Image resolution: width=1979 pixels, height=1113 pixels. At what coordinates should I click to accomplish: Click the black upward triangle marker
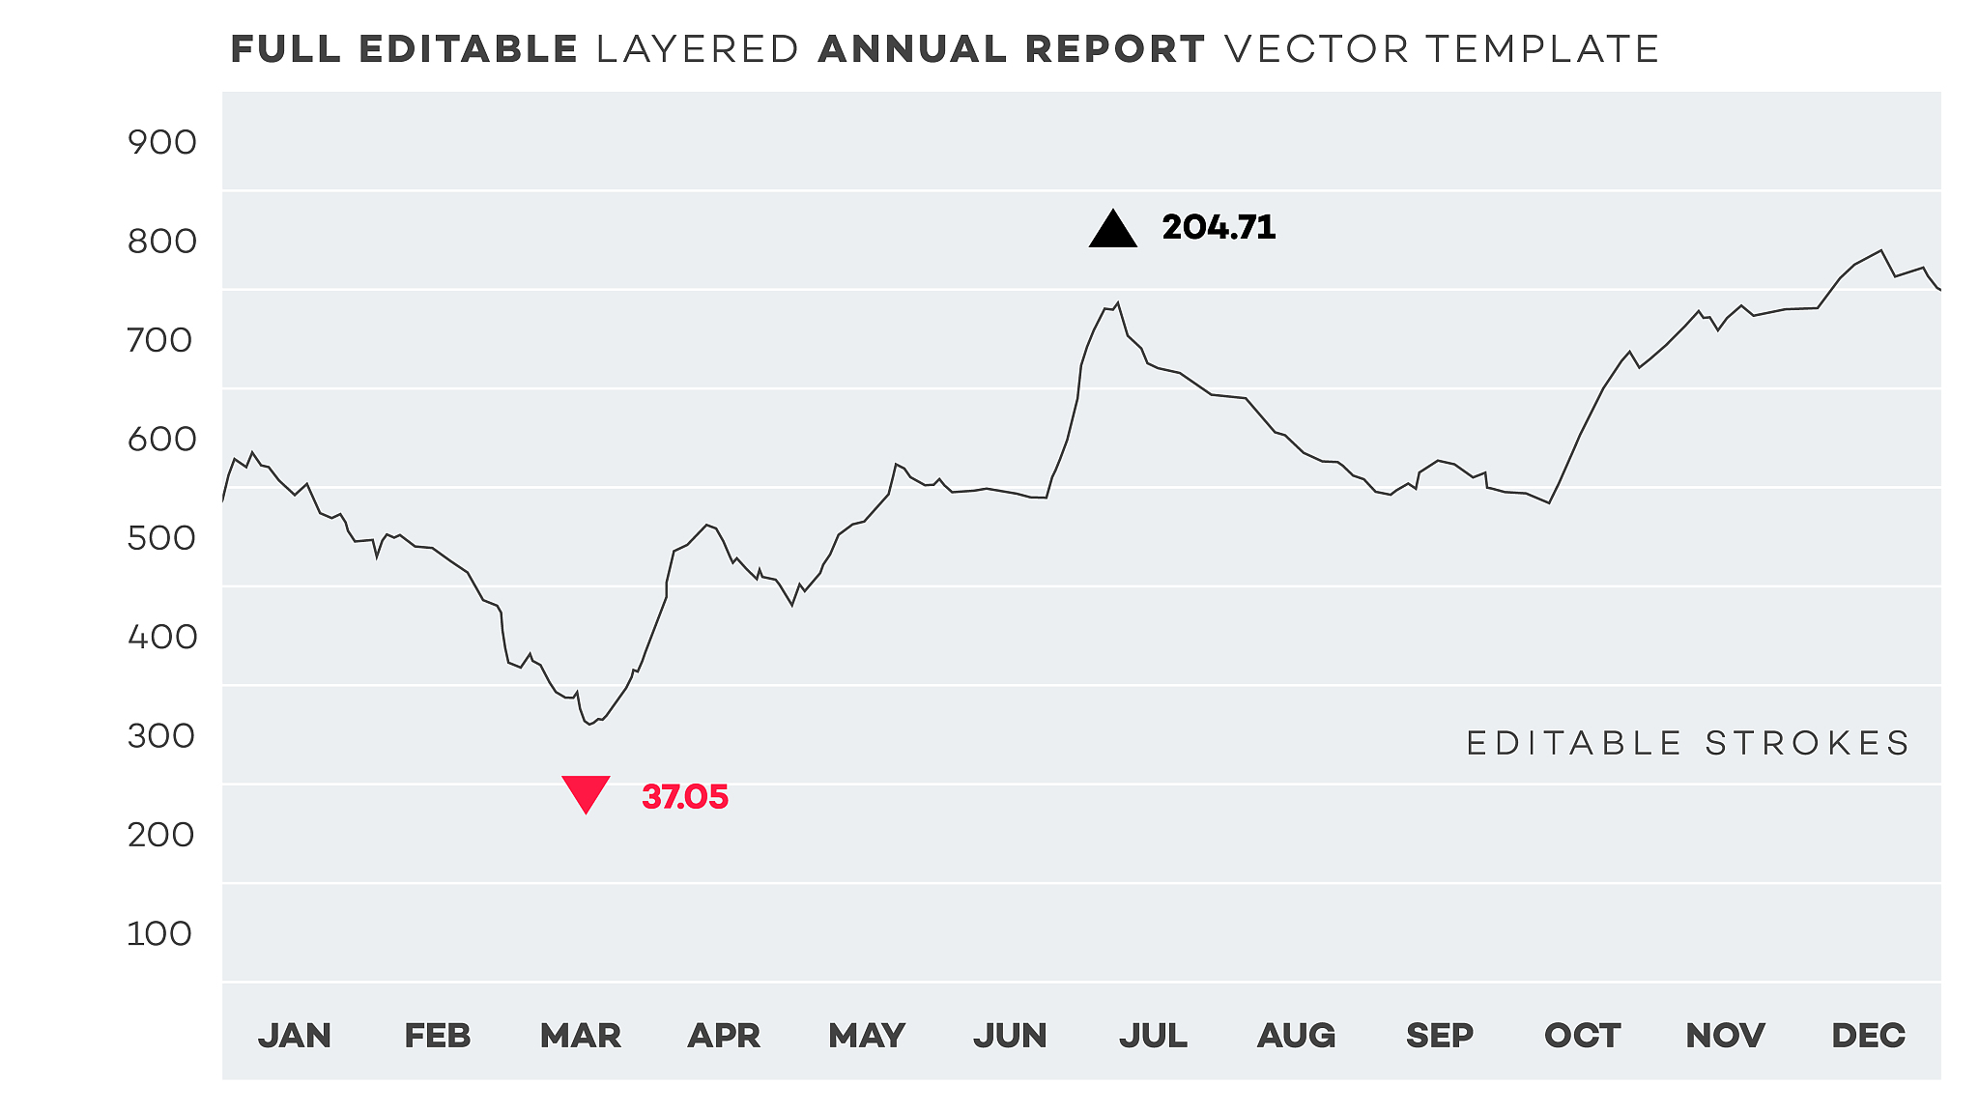1112,231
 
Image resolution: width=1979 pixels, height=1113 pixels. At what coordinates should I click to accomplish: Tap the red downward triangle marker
586,792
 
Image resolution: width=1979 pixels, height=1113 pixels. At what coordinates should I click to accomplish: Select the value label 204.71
1219,228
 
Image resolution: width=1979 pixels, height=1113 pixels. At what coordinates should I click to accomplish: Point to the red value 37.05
685,798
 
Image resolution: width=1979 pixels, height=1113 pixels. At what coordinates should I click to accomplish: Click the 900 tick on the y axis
161,143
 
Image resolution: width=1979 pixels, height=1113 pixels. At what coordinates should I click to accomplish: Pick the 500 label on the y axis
161,538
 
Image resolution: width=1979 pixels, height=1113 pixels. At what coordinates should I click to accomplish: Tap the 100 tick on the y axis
159,934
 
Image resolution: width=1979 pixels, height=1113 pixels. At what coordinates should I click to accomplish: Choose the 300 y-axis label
161,736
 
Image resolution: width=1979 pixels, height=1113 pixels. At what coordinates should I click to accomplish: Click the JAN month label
295,1036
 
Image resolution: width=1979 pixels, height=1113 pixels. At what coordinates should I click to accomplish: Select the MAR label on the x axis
581,1036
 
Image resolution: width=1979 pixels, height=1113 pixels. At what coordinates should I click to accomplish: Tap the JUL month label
1153,1036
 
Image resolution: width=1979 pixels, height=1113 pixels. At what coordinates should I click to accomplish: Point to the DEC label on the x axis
1868,1036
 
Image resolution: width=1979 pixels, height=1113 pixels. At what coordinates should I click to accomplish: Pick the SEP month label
1440,1036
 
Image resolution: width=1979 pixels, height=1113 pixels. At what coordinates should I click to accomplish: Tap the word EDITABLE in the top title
469,49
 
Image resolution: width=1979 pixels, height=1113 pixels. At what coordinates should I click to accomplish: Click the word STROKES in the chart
1807,743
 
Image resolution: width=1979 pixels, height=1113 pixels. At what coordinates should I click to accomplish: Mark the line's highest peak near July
1118,302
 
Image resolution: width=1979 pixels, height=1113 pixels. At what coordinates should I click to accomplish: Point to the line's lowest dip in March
589,724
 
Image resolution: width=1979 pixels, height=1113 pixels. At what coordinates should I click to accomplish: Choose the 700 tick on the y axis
161,340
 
